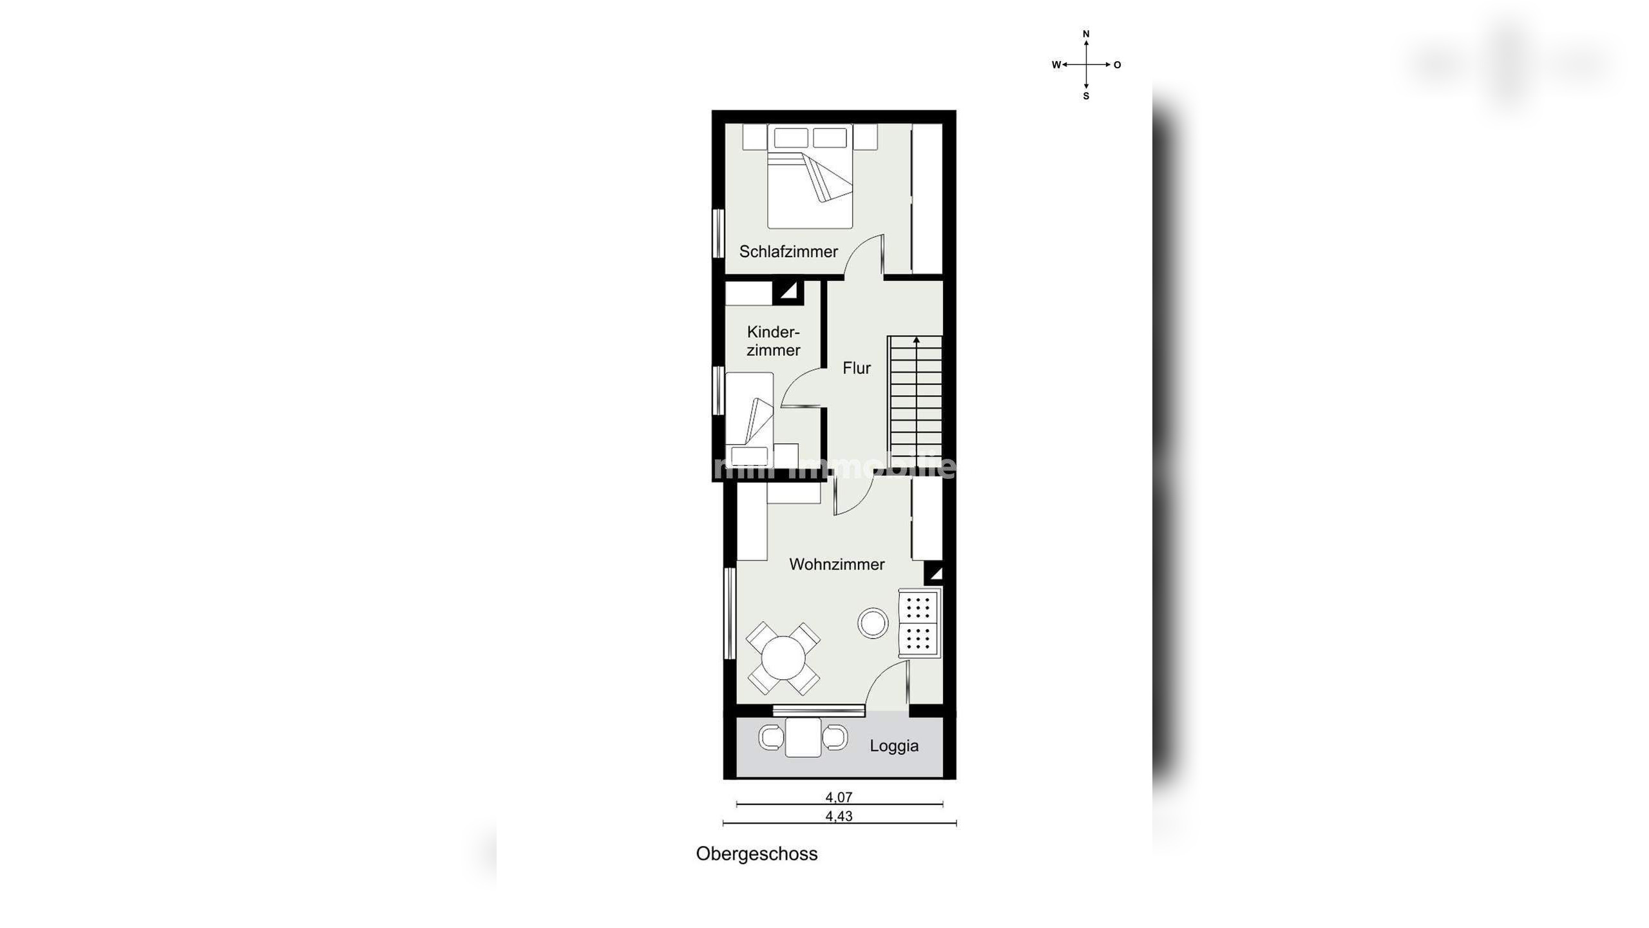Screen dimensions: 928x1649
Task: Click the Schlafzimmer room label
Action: [x=788, y=251]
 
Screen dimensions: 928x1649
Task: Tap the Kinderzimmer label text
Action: [x=773, y=341]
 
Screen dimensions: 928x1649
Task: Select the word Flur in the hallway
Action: [x=856, y=368]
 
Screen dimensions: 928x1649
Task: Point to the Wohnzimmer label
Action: [x=836, y=565]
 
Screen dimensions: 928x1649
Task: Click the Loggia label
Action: [x=893, y=746]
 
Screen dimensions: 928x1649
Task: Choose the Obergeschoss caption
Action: [x=756, y=854]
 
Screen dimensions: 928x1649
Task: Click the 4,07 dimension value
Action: [x=839, y=797]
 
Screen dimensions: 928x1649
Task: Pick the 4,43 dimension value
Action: [x=839, y=817]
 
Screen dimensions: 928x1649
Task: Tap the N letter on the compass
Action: [x=1086, y=34]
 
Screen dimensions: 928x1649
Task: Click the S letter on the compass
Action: [x=1086, y=96]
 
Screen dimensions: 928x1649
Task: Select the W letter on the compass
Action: [x=1056, y=64]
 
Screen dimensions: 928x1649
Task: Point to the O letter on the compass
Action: [x=1117, y=64]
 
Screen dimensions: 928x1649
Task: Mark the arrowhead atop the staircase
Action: [x=916, y=340]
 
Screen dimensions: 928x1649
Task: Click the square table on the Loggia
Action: [x=803, y=737]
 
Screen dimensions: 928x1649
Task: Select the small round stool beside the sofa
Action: [x=873, y=623]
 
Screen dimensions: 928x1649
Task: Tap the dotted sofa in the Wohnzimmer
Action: [x=919, y=623]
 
